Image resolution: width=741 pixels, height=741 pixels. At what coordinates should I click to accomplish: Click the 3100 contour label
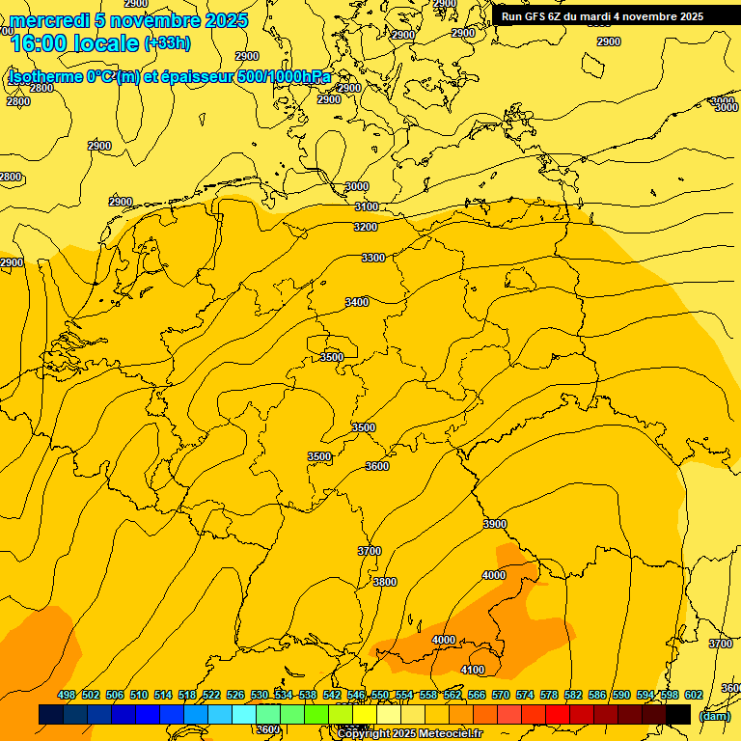367,207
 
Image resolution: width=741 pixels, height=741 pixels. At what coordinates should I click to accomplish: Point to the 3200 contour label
366,227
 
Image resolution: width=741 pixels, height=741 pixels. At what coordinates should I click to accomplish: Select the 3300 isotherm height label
373,258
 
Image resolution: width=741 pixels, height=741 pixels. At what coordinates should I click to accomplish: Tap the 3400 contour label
357,302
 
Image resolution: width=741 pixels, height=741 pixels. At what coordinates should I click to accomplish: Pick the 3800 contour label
385,582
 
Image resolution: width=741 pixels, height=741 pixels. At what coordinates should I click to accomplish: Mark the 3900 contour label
495,524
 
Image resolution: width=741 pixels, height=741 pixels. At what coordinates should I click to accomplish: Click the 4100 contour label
473,670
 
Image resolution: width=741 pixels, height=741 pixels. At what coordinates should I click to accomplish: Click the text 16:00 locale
74,42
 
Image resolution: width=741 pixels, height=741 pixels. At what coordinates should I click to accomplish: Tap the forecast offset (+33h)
167,43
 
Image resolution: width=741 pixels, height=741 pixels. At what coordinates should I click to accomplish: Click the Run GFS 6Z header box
602,16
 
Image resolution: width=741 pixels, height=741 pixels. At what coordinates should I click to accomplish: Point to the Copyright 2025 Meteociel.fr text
410,733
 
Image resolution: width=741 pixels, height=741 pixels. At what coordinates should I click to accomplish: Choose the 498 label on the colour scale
67,695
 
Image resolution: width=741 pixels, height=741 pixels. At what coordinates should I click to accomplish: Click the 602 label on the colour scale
694,695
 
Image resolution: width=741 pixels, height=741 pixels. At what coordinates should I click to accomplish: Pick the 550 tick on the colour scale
380,695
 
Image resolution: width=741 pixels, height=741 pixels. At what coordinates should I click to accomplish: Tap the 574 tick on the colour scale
525,695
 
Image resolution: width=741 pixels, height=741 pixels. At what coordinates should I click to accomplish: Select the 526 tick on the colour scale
235,695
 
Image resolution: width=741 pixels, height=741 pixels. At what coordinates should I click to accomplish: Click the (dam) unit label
714,716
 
